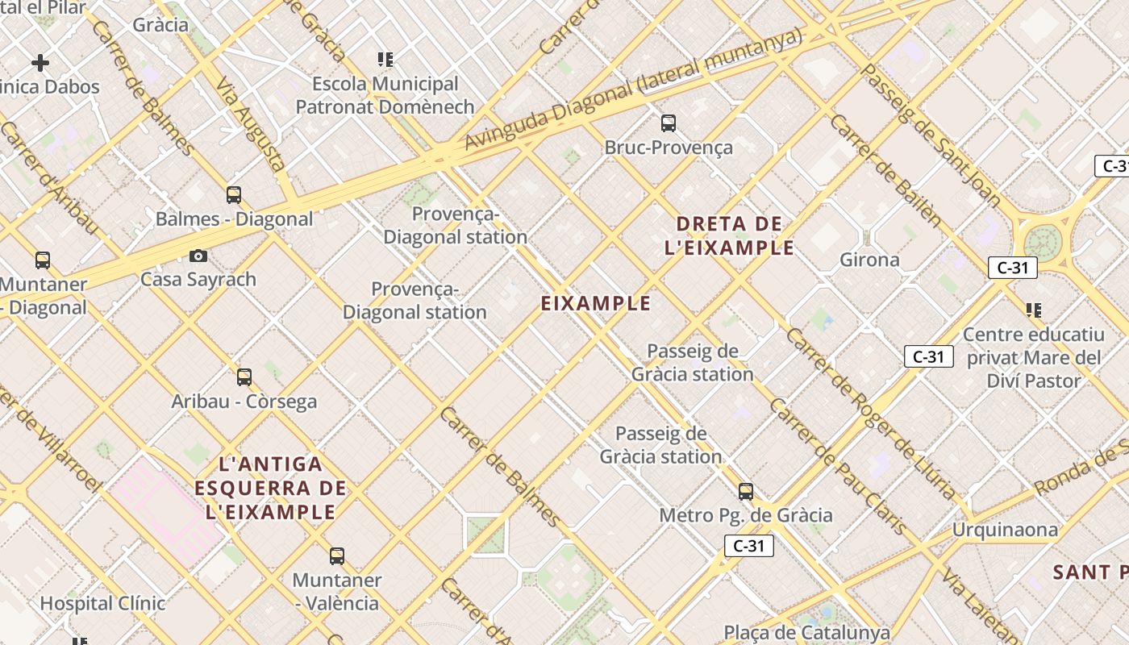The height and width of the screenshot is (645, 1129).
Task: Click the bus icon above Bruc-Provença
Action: [x=669, y=123]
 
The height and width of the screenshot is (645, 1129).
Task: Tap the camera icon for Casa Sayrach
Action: [x=198, y=256]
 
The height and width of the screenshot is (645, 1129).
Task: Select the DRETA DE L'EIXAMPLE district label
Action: [x=729, y=235]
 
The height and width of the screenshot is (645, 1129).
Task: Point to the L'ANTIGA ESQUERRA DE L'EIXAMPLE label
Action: [x=271, y=488]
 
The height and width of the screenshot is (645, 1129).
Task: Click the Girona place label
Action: [x=869, y=260]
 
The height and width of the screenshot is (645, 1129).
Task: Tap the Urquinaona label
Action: [x=1005, y=530]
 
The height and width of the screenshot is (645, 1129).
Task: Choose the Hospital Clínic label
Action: [x=102, y=603]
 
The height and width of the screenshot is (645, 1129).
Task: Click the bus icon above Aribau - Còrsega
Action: [x=244, y=377]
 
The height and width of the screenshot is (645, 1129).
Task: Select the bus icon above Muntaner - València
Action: [x=337, y=556]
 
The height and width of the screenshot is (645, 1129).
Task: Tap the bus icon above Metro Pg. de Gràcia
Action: [x=746, y=491]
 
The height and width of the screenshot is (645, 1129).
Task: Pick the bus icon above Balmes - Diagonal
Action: [x=234, y=194]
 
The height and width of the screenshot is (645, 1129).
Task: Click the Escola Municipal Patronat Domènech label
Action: [x=385, y=95]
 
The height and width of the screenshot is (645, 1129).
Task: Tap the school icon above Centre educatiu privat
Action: [x=1034, y=310]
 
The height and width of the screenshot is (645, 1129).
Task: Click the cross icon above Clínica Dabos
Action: [x=40, y=62]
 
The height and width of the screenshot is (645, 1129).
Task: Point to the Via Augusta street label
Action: [x=252, y=121]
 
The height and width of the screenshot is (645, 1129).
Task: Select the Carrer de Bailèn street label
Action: [x=885, y=170]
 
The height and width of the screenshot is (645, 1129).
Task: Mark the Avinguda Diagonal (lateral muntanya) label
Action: [x=634, y=88]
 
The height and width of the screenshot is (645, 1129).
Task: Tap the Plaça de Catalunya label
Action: [x=806, y=632]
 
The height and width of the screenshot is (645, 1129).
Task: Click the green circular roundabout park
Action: [x=1043, y=243]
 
